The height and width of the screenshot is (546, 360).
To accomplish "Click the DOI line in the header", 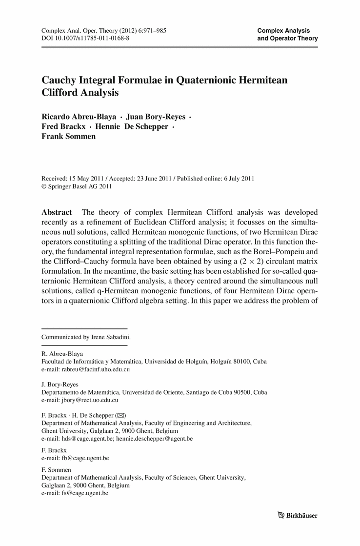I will pyautogui.click(x=85, y=38).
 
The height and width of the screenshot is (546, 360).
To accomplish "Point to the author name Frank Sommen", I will pyautogui.click(x=69, y=137).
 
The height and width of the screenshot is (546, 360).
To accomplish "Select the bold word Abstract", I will pyautogui.click(x=57, y=213).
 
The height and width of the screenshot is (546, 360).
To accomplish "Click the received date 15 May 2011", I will pyautogui.click(x=86, y=179).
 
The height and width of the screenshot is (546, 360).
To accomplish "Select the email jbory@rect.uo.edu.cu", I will pyautogui.click(x=86, y=400).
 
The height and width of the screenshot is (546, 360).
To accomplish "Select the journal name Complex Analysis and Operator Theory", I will pyautogui.click(x=287, y=34).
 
